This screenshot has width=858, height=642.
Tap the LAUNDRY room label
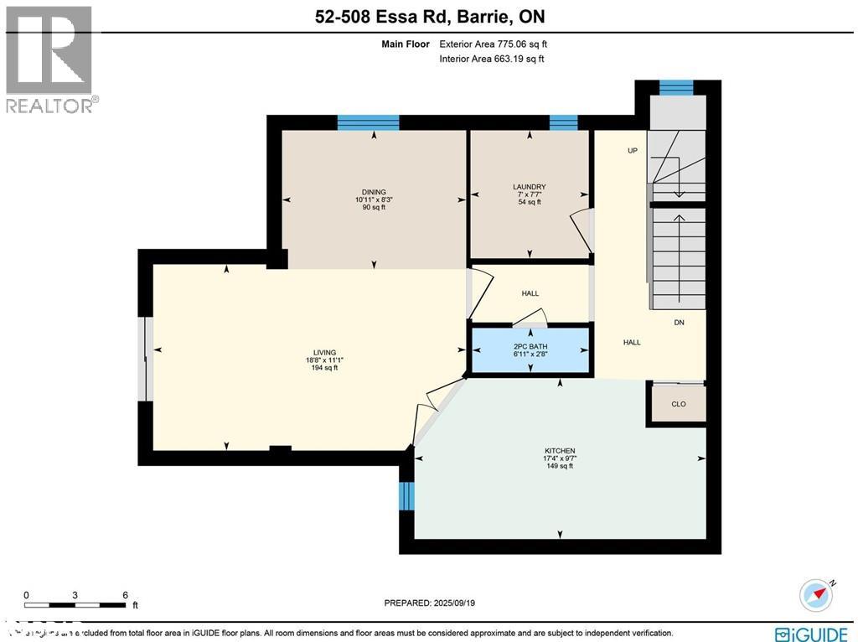click(529, 187)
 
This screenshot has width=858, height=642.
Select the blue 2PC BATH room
click(530, 350)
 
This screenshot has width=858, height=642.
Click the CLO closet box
click(678, 404)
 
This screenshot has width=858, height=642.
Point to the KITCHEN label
click(559, 450)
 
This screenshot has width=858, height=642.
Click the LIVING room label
click(324, 353)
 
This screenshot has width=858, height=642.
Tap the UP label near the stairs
click(633, 151)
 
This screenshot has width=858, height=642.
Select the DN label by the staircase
click(680, 323)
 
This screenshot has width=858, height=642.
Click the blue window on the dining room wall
click(368, 122)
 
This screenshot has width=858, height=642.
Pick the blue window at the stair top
click(676, 87)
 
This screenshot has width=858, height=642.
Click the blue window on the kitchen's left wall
click(406, 495)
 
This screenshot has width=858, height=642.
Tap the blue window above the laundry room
click(563, 122)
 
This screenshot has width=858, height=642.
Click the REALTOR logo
click(51, 59)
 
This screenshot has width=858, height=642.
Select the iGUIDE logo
click(812, 634)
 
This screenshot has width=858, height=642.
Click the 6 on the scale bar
click(125, 594)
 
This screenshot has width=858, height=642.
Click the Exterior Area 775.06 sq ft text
click(494, 44)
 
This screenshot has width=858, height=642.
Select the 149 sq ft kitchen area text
click(559, 466)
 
